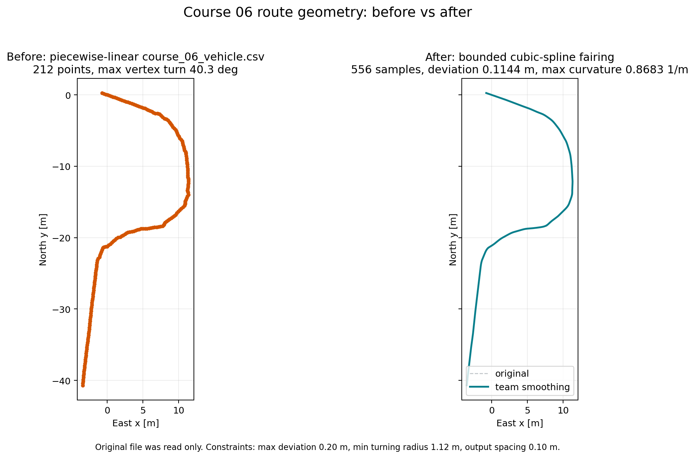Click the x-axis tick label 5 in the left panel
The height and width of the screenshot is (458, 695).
tap(143, 410)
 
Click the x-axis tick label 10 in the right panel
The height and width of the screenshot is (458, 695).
tap(563, 410)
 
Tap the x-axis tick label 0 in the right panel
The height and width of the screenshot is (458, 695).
tap(492, 410)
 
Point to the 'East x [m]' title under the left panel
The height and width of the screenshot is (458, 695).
tap(136, 423)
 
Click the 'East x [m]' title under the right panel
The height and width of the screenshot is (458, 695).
tap(520, 423)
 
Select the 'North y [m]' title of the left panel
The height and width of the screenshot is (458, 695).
tap(43, 240)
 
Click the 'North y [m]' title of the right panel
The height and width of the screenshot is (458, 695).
tap(453, 240)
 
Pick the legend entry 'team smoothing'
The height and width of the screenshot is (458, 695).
tap(532, 387)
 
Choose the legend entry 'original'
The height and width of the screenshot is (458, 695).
tap(512, 374)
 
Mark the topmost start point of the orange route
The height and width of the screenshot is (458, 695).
tap(102, 93)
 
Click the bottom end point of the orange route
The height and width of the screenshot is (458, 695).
tap(83, 385)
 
